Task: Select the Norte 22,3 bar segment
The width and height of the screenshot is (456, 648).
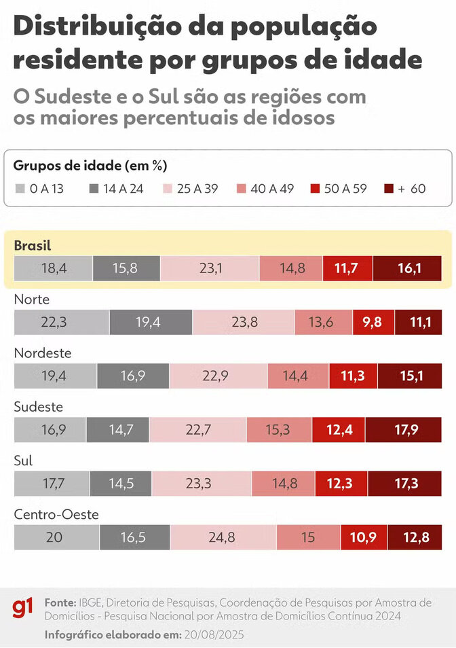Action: (x=61, y=322)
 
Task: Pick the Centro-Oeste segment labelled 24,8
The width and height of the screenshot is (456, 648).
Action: (x=223, y=537)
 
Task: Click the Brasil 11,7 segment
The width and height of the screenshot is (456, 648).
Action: (x=347, y=268)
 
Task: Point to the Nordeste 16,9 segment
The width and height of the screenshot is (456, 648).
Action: (x=133, y=376)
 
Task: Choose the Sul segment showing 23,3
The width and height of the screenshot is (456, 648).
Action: (x=202, y=484)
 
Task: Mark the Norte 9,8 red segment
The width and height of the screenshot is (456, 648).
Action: (x=373, y=322)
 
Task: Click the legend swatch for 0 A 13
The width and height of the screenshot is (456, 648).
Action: (x=20, y=188)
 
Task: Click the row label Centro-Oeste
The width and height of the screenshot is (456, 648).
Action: (x=56, y=515)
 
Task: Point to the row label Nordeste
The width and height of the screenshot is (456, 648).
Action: (x=42, y=353)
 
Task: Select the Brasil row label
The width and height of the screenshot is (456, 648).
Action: (x=33, y=245)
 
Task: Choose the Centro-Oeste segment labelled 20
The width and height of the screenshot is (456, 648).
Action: (x=56, y=537)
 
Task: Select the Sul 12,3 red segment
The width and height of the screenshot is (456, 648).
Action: (x=343, y=484)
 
